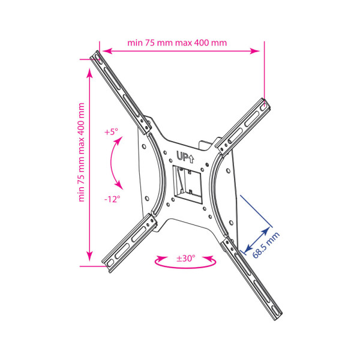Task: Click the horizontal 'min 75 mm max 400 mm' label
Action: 177,43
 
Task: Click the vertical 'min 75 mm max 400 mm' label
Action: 81,152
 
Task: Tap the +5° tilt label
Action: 111,132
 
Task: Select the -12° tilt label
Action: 112,199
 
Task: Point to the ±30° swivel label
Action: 186,258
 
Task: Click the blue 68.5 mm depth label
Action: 266,245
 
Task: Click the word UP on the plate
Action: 182,156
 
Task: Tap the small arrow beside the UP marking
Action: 191,158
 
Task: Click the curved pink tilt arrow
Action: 111,163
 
